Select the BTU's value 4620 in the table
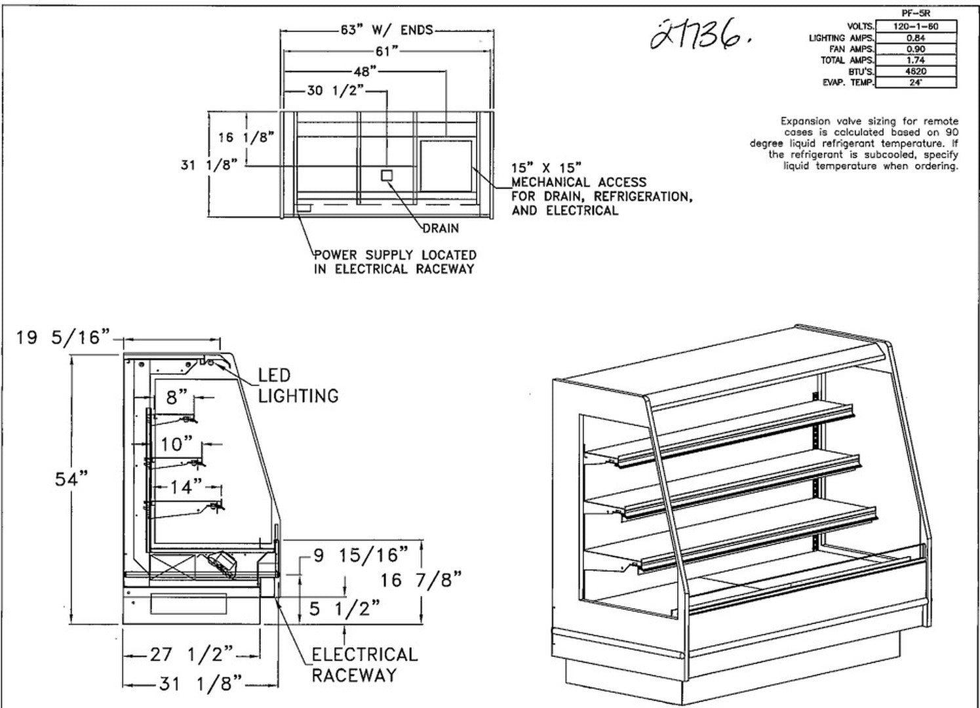tap(916, 71)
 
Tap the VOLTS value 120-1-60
tap(916, 27)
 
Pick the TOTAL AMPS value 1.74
tap(916, 60)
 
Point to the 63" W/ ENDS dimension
tap(387, 29)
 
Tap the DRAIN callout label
tap(441, 228)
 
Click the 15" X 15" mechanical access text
tap(546, 168)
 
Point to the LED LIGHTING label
tap(298, 385)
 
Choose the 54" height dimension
tap(71, 479)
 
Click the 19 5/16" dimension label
tap(62, 338)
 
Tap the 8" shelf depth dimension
tap(176, 397)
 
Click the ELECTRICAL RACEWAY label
tap(364, 665)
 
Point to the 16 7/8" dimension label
tap(421, 580)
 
